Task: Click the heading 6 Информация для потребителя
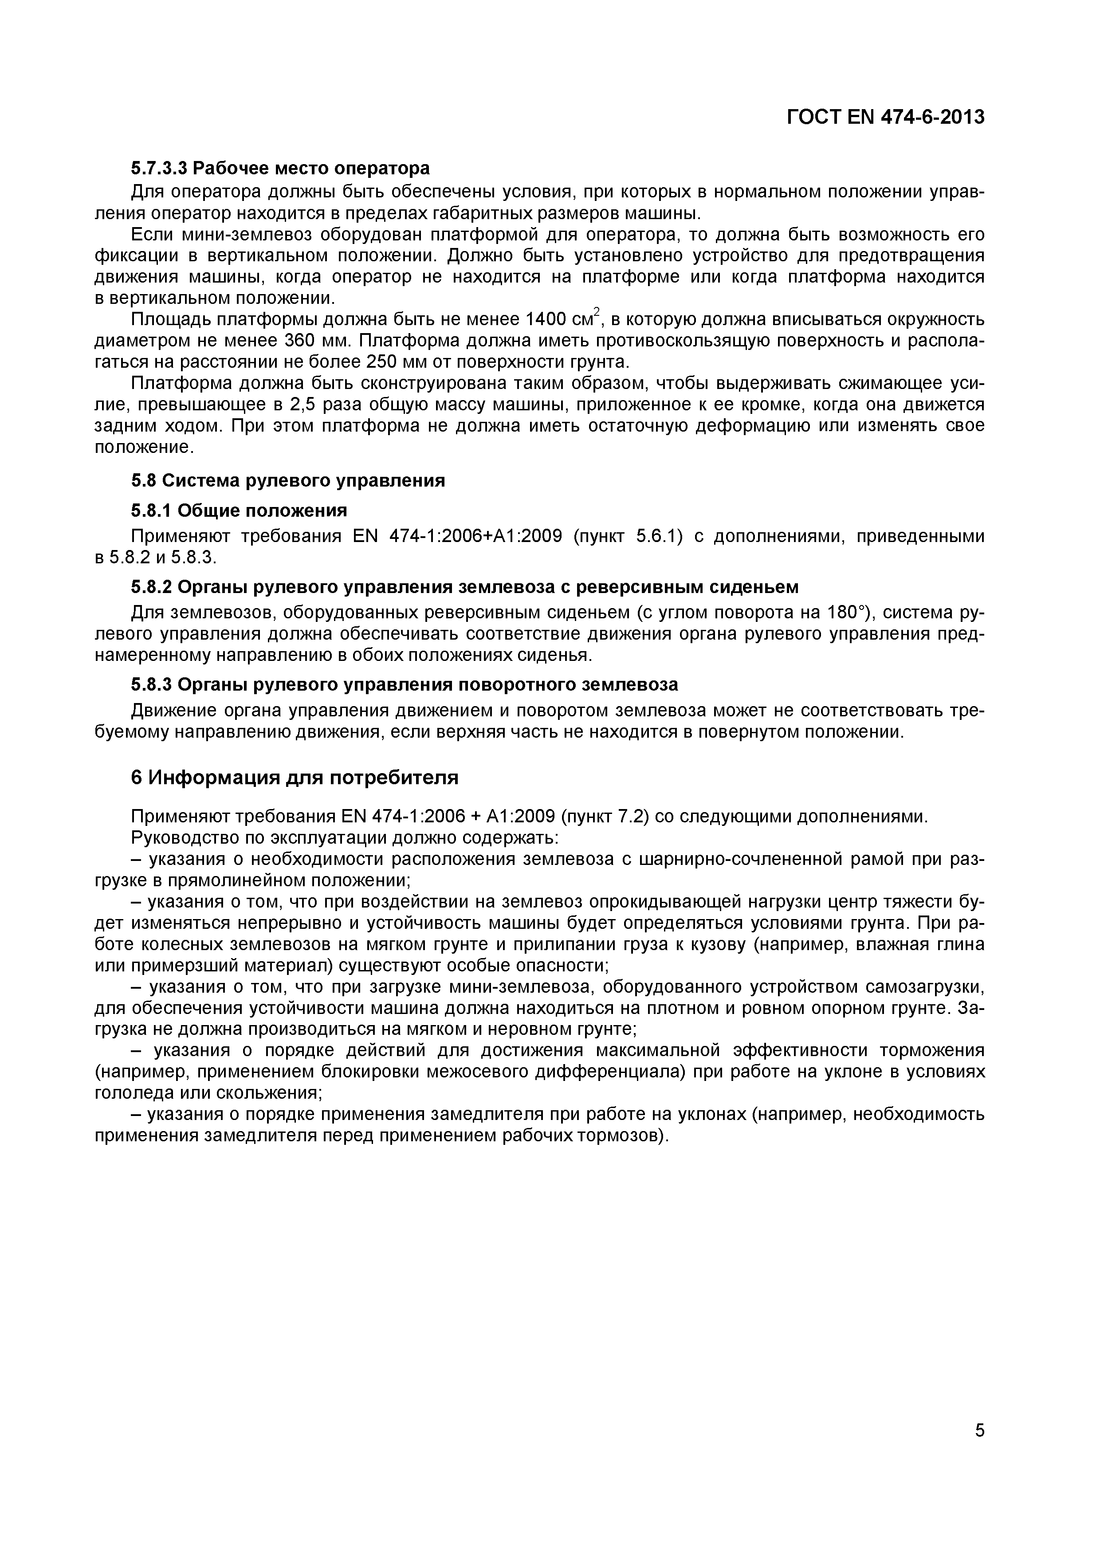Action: pyautogui.click(x=294, y=778)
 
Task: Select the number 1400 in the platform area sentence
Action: pyautogui.click(x=546, y=319)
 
